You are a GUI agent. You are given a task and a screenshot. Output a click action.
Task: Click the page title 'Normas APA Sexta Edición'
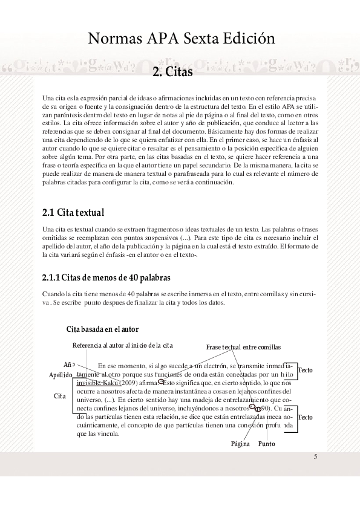coord(182,39)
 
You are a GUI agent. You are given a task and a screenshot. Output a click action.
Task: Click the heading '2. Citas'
coord(172,73)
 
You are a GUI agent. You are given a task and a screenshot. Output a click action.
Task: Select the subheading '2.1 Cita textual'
coord(73,212)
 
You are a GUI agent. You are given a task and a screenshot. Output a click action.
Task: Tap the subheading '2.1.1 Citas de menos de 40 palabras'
coord(106,277)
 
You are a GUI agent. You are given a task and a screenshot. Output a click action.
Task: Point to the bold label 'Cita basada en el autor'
coord(102,329)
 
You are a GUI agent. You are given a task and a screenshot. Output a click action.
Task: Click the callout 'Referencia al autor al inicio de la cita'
coord(123,345)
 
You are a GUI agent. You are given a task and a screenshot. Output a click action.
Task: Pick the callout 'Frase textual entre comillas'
coord(243,347)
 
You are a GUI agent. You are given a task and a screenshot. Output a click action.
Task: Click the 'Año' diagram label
coord(69,365)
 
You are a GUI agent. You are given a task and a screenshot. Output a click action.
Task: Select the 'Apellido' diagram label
coord(61,375)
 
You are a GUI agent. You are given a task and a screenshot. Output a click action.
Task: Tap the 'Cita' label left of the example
coord(59,396)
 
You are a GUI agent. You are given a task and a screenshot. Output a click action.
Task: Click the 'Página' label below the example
coord(240,444)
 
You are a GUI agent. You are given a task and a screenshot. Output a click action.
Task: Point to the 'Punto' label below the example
coord(266,444)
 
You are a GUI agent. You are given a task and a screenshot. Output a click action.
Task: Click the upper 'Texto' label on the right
coord(306,370)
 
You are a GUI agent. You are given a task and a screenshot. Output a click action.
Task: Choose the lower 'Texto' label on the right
coord(306,417)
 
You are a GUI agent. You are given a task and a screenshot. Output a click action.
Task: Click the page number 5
coord(315,456)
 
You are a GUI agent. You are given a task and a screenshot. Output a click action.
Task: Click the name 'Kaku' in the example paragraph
coord(112,383)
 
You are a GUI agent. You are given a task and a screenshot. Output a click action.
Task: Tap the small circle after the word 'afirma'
coord(161,382)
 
